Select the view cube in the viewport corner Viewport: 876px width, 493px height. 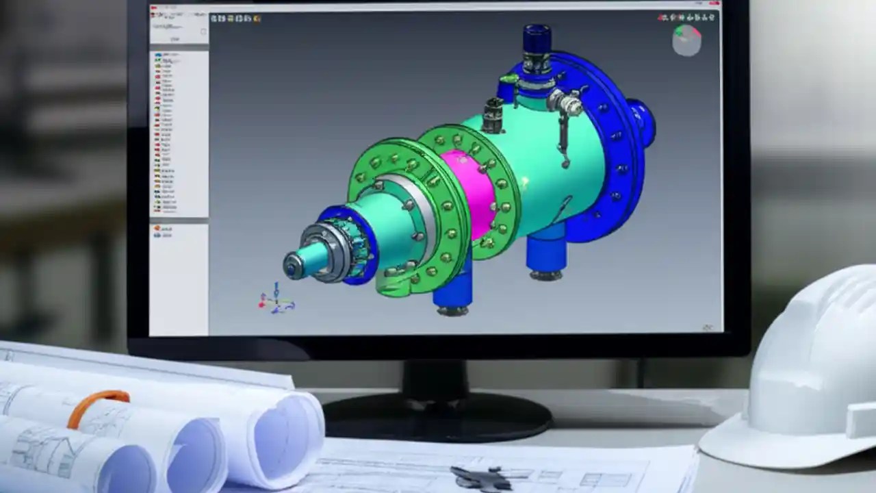tap(686, 40)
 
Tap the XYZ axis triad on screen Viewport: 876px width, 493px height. tap(275, 300)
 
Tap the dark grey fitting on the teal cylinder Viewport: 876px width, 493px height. tap(492, 115)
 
